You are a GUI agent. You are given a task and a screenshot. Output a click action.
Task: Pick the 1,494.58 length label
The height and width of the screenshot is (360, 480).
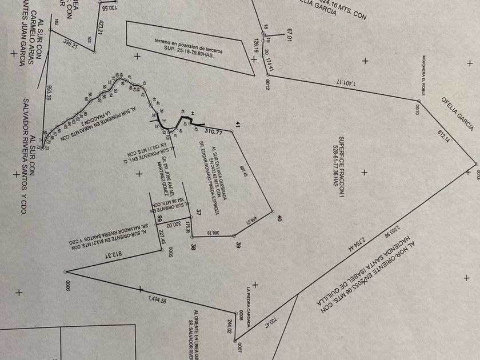coord(157,299)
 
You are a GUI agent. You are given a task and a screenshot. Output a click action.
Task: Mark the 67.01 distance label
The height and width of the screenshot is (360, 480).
coord(290,34)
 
